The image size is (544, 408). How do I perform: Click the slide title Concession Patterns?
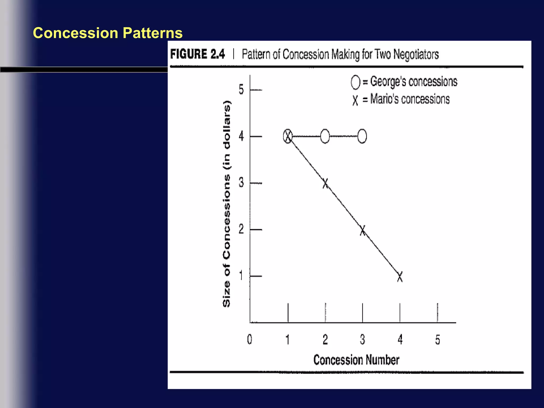(108, 33)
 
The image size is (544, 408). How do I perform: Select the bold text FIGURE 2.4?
(197, 54)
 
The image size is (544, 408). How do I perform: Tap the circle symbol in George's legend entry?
(355, 82)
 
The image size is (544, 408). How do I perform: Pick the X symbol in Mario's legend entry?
(355, 100)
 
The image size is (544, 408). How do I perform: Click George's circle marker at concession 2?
(325, 136)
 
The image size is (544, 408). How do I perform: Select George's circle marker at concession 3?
(362, 136)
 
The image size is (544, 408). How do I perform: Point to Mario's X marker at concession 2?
(325, 183)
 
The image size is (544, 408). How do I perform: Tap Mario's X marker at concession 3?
(363, 230)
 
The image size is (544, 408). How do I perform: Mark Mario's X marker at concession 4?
(400, 277)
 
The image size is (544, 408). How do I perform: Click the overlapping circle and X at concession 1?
(288, 136)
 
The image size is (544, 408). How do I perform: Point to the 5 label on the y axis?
(241, 90)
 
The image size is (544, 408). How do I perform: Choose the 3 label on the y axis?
(241, 183)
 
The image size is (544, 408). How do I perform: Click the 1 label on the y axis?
(241, 275)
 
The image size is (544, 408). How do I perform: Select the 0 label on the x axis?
(249, 339)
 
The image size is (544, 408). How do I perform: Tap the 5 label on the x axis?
(437, 340)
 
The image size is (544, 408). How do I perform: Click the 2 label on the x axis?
(325, 340)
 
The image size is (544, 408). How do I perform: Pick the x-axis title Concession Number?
(356, 360)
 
